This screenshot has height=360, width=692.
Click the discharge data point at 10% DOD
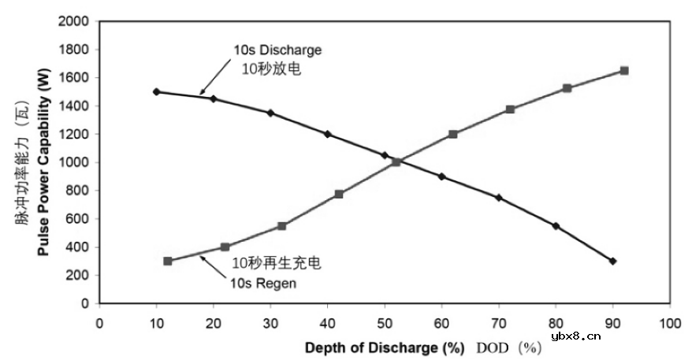click(x=156, y=91)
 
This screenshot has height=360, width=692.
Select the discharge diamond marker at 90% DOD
click(x=612, y=261)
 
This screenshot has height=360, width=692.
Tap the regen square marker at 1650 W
click(x=624, y=70)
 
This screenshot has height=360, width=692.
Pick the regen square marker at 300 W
click(x=168, y=261)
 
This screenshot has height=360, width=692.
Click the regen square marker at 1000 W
click(x=396, y=162)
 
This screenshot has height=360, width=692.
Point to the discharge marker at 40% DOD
click(x=328, y=134)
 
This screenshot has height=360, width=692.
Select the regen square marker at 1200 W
click(x=453, y=134)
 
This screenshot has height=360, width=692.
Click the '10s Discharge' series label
click(x=277, y=50)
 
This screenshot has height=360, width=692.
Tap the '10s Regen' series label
click(x=262, y=283)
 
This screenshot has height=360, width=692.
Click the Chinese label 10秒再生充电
click(x=276, y=264)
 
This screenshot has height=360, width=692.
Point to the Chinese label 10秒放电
click(x=273, y=69)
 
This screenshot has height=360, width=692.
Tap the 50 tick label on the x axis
click(x=385, y=323)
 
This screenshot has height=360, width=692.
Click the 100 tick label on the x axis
click(x=669, y=323)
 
